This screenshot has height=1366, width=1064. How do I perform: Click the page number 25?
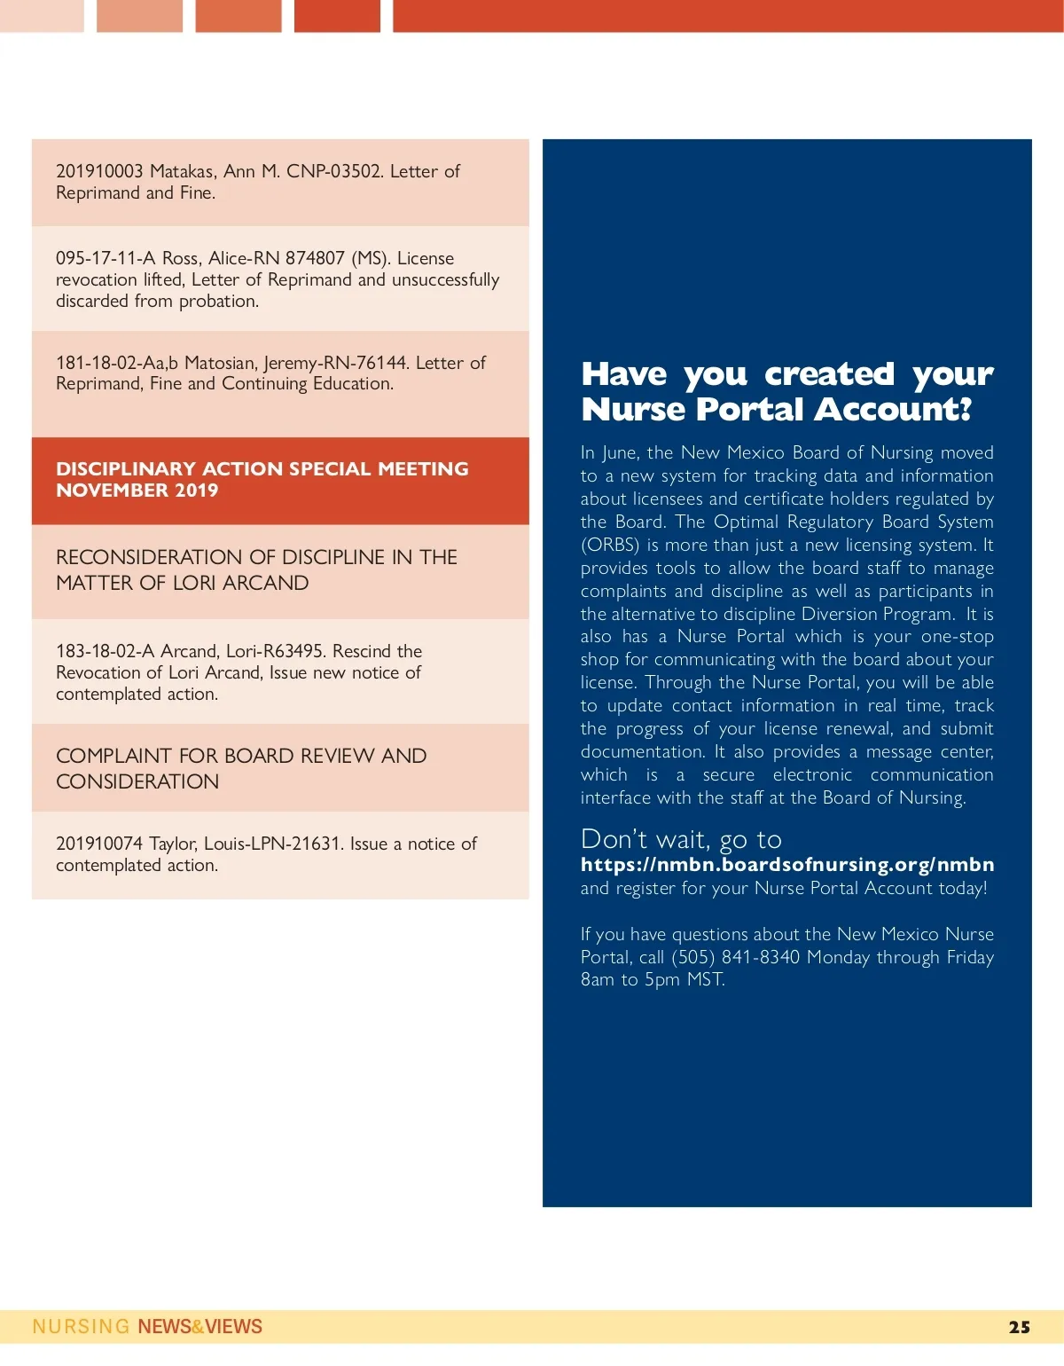click(1019, 1327)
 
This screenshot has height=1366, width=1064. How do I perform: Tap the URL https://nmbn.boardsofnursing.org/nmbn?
click(786, 865)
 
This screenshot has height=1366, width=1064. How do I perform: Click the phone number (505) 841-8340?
click(735, 957)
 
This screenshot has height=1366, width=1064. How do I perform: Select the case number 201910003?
click(99, 171)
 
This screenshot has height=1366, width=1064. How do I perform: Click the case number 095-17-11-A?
click(105, 258)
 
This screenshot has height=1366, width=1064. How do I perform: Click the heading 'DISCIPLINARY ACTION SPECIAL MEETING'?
click(262, 468)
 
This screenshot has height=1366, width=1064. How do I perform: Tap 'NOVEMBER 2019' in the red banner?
click(137, 491)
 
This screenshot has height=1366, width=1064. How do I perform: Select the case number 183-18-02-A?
click(106, 651)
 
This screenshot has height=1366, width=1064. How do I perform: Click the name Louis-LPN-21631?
click(272, 844)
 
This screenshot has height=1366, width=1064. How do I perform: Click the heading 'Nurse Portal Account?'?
click(776, 409)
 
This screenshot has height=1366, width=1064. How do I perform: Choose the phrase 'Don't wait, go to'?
click(681, 839)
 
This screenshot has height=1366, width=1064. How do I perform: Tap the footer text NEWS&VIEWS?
click(199, 1327)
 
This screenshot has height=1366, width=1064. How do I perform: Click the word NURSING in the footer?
click(81, 1327)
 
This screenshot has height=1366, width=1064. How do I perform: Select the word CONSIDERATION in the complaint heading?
click(137, 781)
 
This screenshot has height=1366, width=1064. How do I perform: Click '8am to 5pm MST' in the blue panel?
click(652, 980)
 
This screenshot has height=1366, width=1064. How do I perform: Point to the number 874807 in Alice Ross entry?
click(315, 258)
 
